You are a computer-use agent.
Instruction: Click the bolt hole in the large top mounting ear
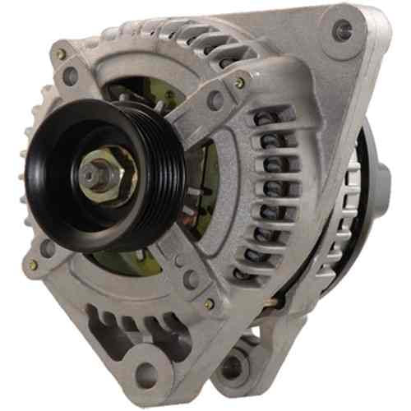(x=343, y=31)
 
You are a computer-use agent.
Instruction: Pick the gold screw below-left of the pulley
(x=34, y=265)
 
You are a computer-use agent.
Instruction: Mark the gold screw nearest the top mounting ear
(x=239, y=83)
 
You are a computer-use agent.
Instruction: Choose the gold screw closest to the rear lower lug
(x=210, y=304)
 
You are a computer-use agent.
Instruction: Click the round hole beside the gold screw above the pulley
(x=69, y=76)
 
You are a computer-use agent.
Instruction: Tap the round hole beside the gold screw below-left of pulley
(x=48, y=247)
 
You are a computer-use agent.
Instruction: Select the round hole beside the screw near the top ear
(x=216, y=101)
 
